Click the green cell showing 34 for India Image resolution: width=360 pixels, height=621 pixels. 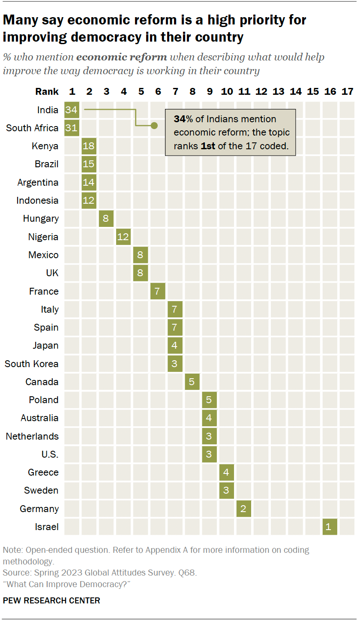click(x=72, y=110)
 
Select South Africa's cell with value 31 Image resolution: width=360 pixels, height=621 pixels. click(x=72, y=128)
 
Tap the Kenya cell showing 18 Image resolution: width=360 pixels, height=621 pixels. click(x=89, y=146)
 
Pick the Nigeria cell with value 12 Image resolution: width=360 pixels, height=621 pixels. click(x=123, y=237)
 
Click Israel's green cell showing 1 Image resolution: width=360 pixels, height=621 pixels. click(x=330, y=527)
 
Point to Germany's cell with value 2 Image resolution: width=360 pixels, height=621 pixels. click(x=243, y=509)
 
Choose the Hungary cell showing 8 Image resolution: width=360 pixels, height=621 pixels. click(x=106, y=219)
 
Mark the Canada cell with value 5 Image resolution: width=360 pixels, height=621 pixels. click(x=192, y=382)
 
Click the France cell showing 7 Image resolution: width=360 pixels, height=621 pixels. click(x=157, y=291)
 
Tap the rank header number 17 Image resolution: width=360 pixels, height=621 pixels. click(x=347, y=91)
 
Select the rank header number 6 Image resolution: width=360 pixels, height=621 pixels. click(x=158, y=91)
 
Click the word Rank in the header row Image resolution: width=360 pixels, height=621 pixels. click(x=47, y=91)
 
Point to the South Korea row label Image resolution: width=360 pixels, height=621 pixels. click(x=32, y=364)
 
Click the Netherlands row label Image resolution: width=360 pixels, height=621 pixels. click(x=32, y=436)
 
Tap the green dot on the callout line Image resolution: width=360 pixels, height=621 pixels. click(x=154, y=126)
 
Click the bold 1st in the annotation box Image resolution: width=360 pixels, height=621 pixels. click(x=208, y=146)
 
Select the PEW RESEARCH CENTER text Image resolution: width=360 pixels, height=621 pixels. click(x=51, y=600)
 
